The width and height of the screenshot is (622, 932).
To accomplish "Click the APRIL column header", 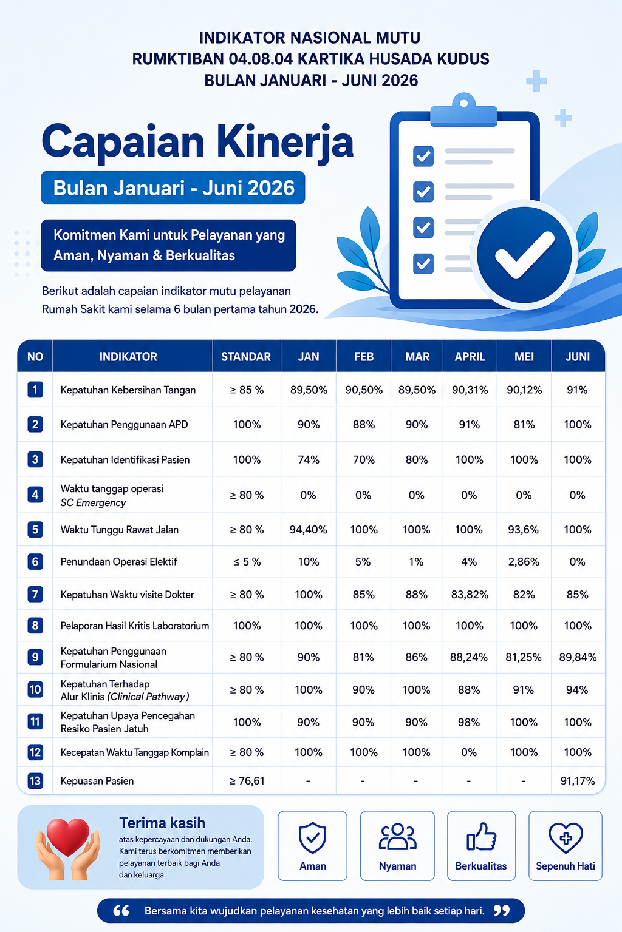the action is coord(470,357).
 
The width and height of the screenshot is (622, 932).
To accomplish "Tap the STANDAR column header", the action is coord(246,357).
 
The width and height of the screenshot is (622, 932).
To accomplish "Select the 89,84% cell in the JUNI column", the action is coord(578,657).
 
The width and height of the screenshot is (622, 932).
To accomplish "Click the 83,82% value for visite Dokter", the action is coord(470,594).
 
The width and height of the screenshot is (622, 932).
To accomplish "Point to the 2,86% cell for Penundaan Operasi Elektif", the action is coord(524,562).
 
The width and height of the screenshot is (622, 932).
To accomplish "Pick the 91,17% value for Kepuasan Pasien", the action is coord(578,780).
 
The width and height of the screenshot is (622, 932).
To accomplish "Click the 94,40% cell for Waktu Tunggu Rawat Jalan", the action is coord(309,530).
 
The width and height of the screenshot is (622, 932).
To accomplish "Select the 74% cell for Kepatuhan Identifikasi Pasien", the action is coord(309,460).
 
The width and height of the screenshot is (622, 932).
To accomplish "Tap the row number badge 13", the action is coord(35,780).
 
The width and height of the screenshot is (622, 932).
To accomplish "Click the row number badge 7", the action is coord(35,594).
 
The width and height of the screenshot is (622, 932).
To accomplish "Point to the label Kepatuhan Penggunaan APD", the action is coord(124,424).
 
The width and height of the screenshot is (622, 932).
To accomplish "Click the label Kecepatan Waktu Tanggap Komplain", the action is coord(135,752).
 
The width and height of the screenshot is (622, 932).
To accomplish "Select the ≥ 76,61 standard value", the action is coord(247,780).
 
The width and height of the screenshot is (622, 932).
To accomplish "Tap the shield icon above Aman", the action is coord(312,837).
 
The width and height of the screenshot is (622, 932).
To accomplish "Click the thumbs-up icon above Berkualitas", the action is coord(481,836).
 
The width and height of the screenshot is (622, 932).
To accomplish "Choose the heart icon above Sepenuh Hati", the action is coord(566,837).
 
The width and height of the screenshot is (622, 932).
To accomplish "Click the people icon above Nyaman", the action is coord(397,836).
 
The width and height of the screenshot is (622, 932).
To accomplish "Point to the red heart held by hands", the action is coord(68,836).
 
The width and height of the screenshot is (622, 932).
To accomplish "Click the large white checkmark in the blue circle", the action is coord(524,254).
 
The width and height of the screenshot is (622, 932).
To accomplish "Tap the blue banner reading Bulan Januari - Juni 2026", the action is coord(173,187).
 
